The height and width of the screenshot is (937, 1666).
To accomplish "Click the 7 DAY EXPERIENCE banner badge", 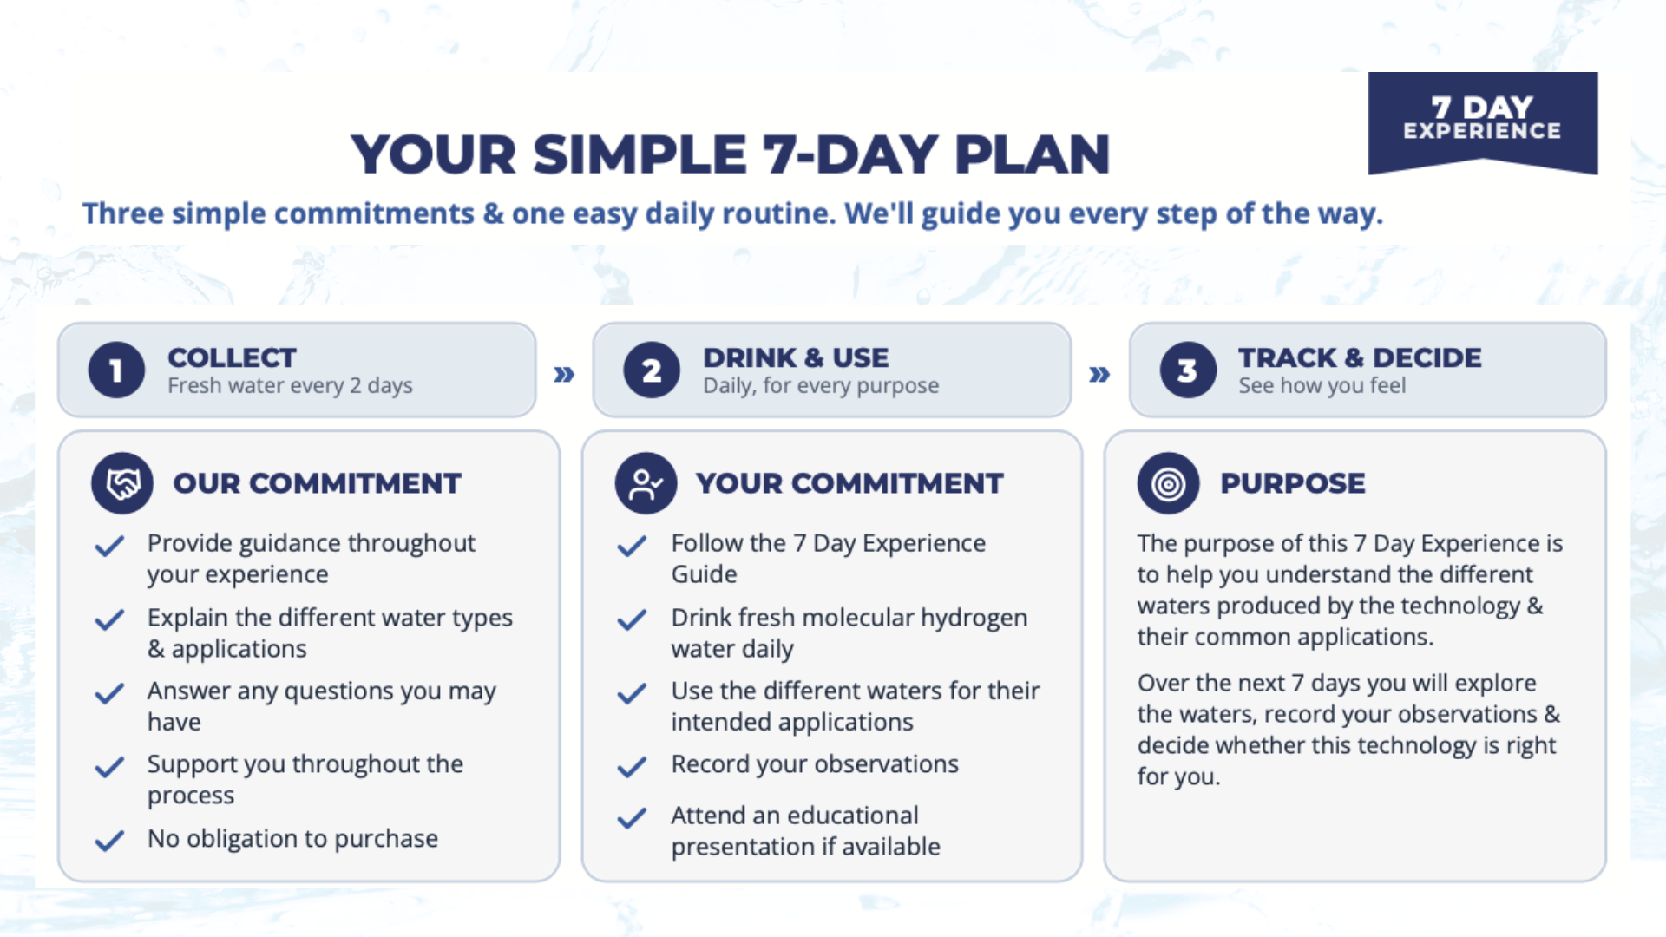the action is click(1483, 121).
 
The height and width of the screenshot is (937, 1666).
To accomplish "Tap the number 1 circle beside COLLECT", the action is click(116, 370).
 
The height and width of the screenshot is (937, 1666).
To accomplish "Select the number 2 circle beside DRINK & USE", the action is click(652, 370).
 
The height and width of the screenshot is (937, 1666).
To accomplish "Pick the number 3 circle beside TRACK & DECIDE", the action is click(1188, 370).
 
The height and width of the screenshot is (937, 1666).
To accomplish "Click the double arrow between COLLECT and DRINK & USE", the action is click(564, 374).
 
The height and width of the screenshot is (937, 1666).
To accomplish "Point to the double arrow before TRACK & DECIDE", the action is click(1099, 374).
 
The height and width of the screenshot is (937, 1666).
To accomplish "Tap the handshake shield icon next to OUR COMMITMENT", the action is click(122, 483).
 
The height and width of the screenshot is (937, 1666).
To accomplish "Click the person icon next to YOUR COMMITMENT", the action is click(646, 483).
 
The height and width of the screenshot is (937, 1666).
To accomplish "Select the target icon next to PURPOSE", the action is click(1169, 483).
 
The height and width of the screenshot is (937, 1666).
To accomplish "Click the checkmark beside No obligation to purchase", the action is click(109, 840).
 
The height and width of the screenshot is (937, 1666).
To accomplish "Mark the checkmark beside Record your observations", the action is click(632, 766).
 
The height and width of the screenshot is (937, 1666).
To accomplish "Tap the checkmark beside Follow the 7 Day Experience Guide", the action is click(632, 545).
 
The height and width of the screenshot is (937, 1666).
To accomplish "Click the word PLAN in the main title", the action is click(1033, 154).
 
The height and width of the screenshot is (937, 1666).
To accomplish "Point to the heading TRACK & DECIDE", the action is click(1360, 357).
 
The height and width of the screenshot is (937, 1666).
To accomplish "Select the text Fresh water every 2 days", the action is click(290, 385).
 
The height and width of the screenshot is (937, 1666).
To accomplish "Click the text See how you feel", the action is click(1322, 385).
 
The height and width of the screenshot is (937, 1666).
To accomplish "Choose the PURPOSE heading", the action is click(1293, 483).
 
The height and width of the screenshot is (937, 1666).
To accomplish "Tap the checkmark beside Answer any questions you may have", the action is click(109, 693).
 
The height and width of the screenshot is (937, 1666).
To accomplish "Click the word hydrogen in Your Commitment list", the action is click(974, 618).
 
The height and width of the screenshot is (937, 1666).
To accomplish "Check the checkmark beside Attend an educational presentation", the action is click(632, 817).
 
